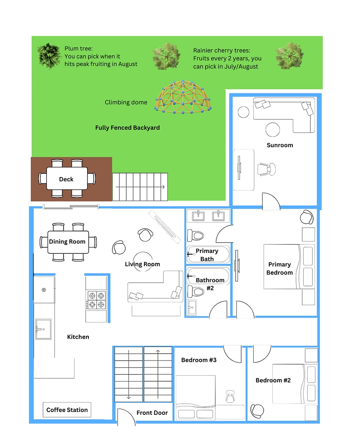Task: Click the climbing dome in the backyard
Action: point(183,97)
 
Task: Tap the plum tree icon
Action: point(49,56)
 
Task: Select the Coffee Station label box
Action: point(67,410)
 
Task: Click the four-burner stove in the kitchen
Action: point(96,300)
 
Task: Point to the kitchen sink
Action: point(43,329)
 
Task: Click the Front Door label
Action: point(152,413)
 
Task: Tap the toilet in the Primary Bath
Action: point(196,235)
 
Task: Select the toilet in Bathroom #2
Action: point(196,291)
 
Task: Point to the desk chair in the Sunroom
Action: point(266,169)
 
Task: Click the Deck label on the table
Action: point(66,179)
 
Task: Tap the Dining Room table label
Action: point(67,241)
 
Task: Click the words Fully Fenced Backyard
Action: point(128,128)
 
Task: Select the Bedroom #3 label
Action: point(199,360)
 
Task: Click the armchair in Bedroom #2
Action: point(257,411)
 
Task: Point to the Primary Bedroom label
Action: point(280,269)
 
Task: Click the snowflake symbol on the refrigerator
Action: point(44,290)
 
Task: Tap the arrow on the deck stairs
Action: point(140,187)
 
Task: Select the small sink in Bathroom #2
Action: point(192,307)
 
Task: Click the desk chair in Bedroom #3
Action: point(230,396)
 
